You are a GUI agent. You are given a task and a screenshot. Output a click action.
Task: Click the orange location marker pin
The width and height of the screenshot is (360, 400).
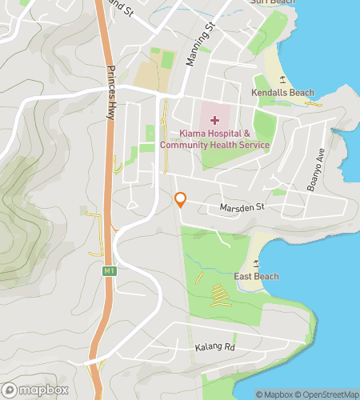[x=181, y=201]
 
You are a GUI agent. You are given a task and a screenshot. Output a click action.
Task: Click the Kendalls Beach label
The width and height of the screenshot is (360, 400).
[x=282, y=94]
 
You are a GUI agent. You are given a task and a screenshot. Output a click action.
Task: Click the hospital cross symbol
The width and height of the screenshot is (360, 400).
[x=214, y=119]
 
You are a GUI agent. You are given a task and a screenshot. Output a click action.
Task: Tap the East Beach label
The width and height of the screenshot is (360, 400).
[x=256, y=277]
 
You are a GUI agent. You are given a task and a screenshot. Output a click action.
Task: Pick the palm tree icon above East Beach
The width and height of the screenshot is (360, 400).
[x=255, y=262]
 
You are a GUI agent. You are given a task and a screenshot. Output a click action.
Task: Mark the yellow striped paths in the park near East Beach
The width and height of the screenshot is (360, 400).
[x=218, y=295]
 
